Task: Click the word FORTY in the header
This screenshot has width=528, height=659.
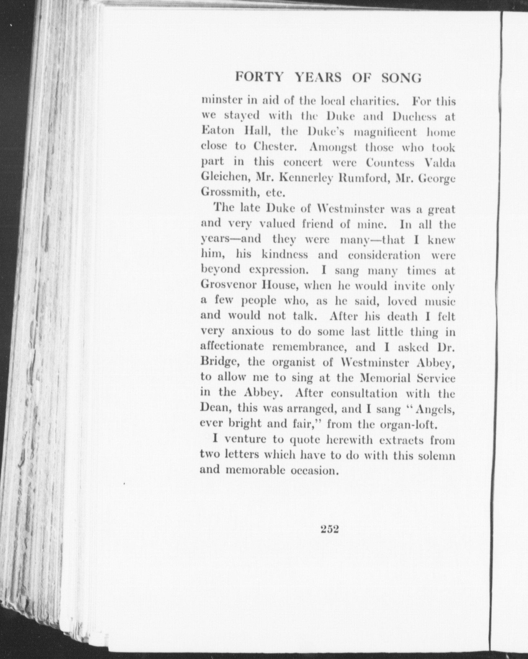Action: click(x=259, y=78)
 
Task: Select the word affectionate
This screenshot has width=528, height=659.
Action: click(x=232, y=347)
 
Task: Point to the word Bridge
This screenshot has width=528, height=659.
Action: click(x=219, y=362)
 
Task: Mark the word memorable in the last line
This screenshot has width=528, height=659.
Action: click(x=255, y=470)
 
